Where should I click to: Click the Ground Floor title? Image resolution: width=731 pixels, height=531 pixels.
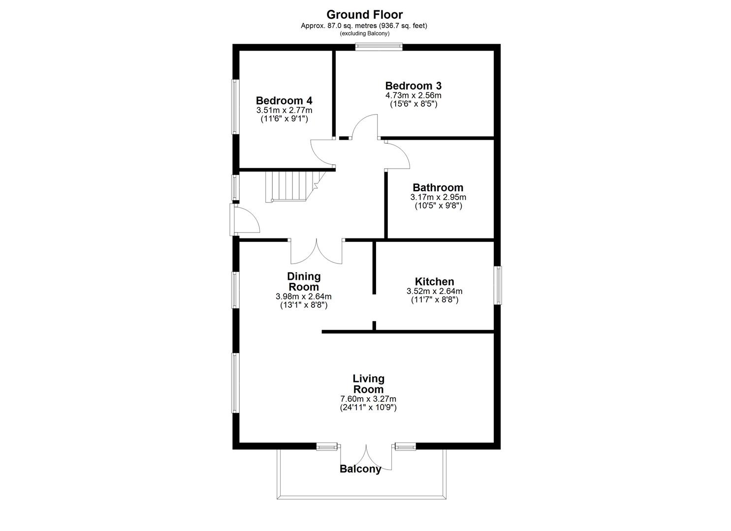pos(364,15)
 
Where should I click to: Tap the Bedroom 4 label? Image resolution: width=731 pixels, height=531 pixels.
pos(284,101)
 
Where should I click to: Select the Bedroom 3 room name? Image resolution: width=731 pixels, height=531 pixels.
pos(413,86)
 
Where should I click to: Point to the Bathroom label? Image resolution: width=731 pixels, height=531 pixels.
pos(438,187)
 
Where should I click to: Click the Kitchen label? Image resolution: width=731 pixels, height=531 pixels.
pos(434,282)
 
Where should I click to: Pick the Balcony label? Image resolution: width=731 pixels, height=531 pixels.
pos(360,469)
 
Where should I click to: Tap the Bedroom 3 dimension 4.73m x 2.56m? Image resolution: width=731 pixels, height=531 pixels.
pos(413,95)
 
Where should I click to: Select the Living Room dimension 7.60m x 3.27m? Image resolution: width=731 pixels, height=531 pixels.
pos(368,399)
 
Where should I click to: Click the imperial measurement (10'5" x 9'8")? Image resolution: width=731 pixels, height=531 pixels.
pos(438,206)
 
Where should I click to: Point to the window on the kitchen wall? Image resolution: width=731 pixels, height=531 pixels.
pos(498,285)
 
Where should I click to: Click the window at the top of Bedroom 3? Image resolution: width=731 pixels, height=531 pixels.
pos(380,47)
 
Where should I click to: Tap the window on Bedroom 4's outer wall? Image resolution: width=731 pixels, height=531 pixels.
pos(235,106)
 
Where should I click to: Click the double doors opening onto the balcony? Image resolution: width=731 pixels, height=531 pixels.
pos(367,457)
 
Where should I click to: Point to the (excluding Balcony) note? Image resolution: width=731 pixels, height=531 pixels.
pos(364,33)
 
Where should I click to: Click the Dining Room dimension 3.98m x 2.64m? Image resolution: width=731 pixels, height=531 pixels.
pos(303,296)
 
